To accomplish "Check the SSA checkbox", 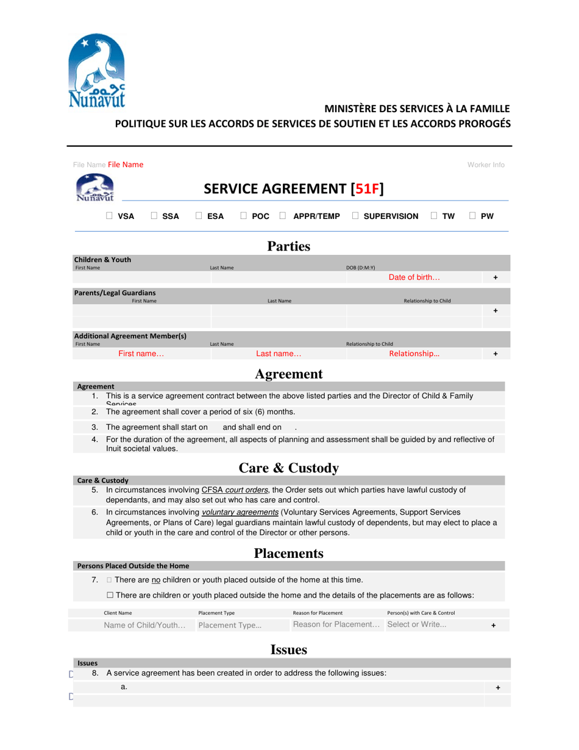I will [154, 216].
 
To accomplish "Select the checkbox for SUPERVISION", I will [355, 216].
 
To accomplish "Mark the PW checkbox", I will [473, 216].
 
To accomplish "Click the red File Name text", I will [126, 165].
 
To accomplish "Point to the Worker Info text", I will [486, 165].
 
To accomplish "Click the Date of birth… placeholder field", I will [414, 277].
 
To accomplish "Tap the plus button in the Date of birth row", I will [495, 277].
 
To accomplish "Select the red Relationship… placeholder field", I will [414, 354].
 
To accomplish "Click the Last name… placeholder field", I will [279, 354].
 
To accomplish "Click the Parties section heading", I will [289, 246].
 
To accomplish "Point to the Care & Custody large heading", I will [288, 468].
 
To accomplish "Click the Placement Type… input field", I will [230, 625].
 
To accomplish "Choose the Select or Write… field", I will [417, 624].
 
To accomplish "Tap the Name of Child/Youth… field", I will [144, 625].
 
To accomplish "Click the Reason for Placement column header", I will [318, 613].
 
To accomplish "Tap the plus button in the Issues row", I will [498, 687].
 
